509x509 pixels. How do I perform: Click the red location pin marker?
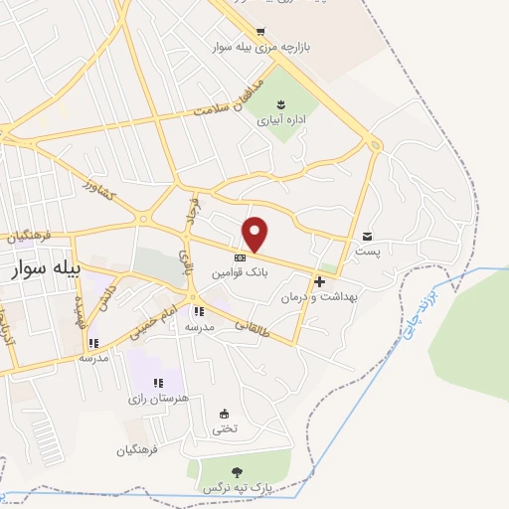(x=255, y=234)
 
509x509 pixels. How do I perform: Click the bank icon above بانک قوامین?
(x=242, y=257)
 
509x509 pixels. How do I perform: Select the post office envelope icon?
(x=369, y=236)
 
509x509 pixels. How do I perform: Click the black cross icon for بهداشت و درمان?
(x=319, y=281)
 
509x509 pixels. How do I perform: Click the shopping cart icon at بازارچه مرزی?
(x=260, y=32)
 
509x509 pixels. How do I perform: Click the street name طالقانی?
(x=253, y=325)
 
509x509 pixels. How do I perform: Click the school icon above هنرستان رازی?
(x=157, y=383)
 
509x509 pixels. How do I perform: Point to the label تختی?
(x=225, y=428)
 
